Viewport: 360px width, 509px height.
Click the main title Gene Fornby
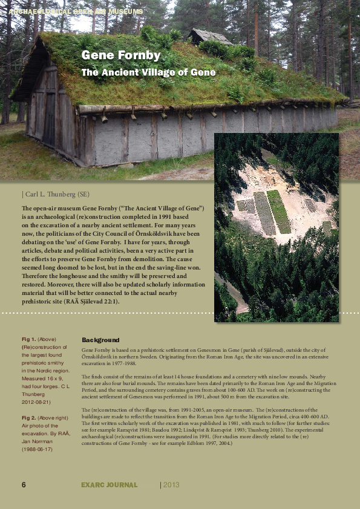(121, 56)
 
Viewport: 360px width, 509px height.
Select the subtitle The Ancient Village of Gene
(148, 73)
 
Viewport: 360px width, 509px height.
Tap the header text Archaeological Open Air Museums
(76, 11)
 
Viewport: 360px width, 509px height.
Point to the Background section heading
(100, 340)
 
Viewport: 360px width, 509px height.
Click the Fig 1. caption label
(28, 340)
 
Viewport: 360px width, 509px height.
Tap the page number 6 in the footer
(24, 485)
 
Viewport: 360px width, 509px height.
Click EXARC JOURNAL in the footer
(110, 485)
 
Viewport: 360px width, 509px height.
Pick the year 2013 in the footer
(171, 485)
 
